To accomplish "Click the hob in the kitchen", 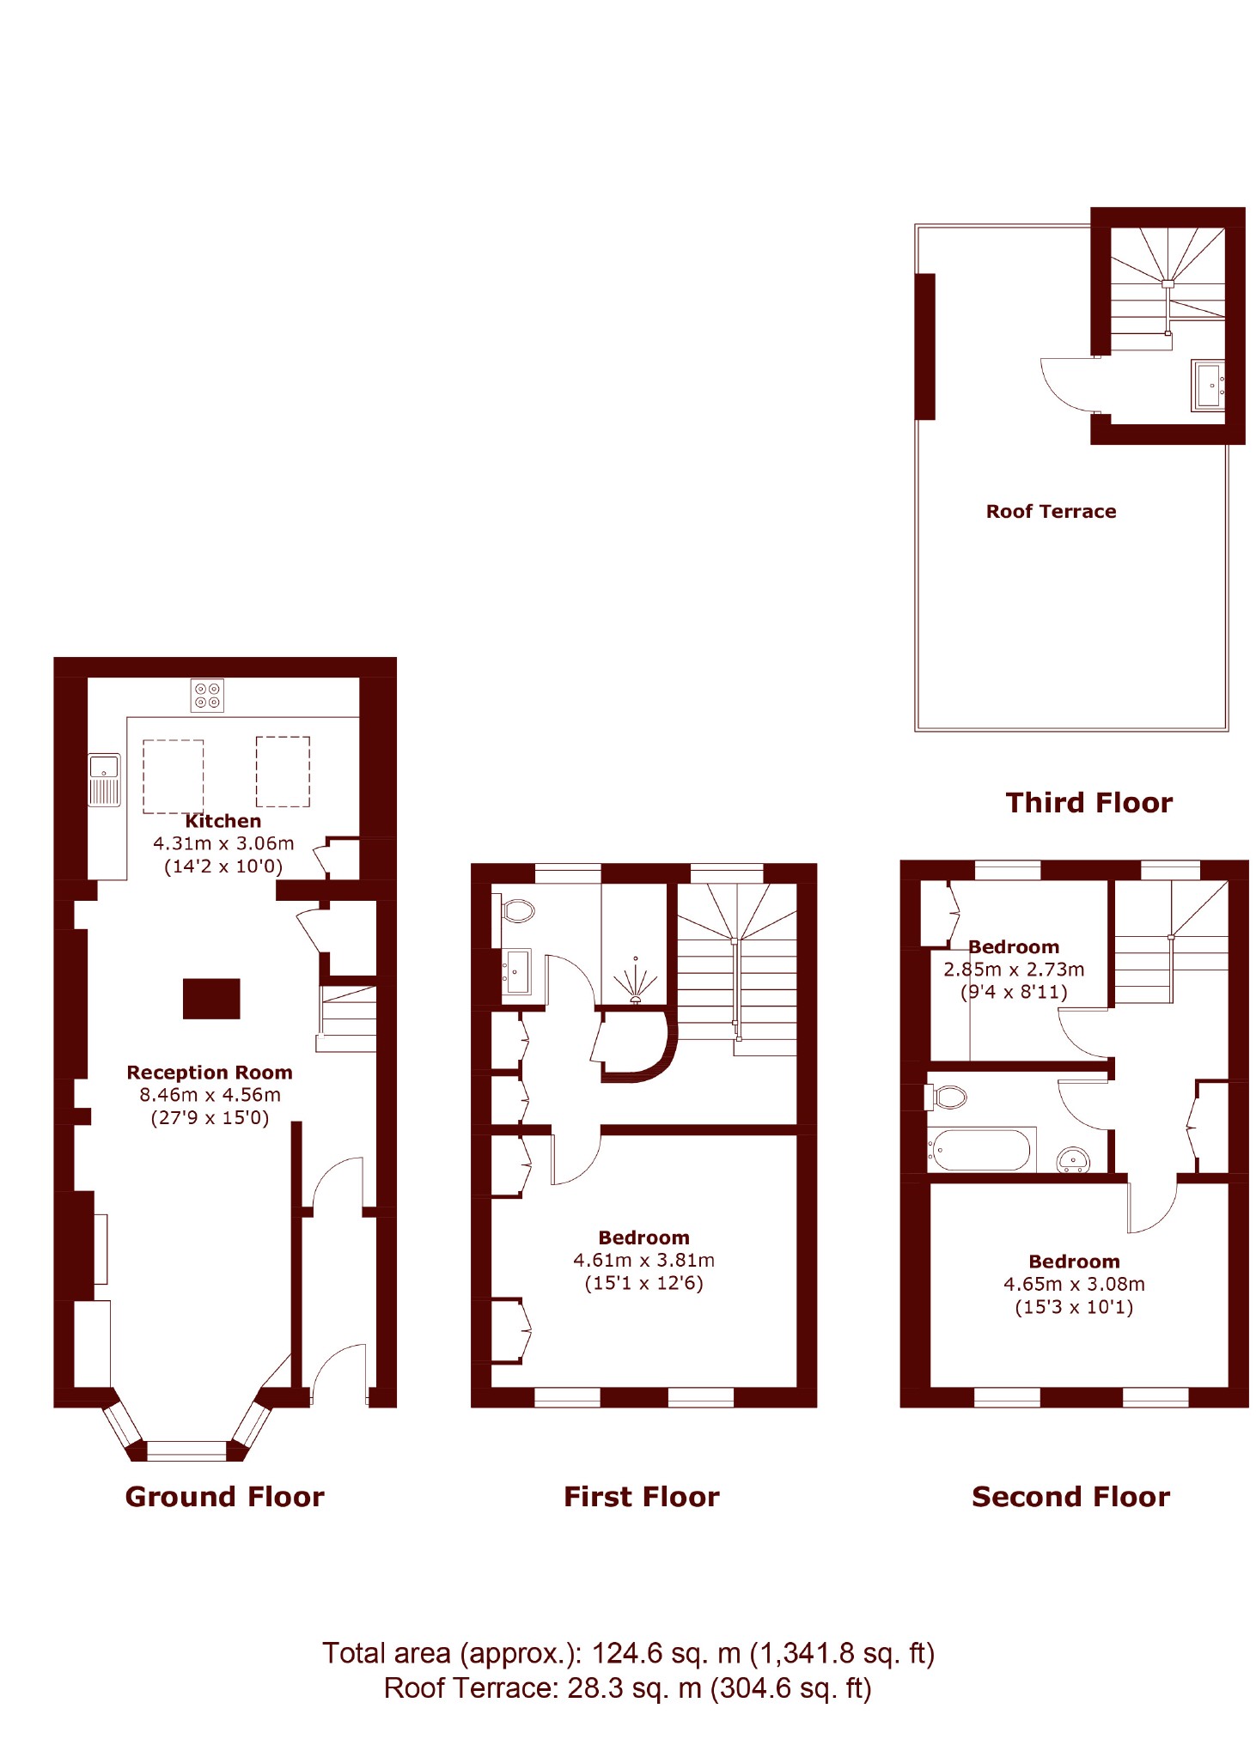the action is point(207,695).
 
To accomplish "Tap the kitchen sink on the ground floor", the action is point(105,780).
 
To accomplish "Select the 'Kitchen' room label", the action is point(223,821).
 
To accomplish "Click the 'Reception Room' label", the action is point(210,1073).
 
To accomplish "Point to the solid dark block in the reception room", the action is point(211,999).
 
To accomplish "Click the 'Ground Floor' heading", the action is point(225,1497).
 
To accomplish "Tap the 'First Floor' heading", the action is point(642,1497).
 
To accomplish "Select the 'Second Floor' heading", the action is point(1071,1497).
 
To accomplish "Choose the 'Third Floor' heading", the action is point(1089,803).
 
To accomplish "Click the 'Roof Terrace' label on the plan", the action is point(1052,512).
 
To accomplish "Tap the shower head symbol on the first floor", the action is point(636,983).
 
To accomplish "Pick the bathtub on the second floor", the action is point(981,1150).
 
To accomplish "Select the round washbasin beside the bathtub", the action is point(1074,1160).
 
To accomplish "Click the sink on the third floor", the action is point(1208,386).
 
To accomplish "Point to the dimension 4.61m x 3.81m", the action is point(643,1261).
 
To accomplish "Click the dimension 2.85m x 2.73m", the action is point(1014,970).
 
